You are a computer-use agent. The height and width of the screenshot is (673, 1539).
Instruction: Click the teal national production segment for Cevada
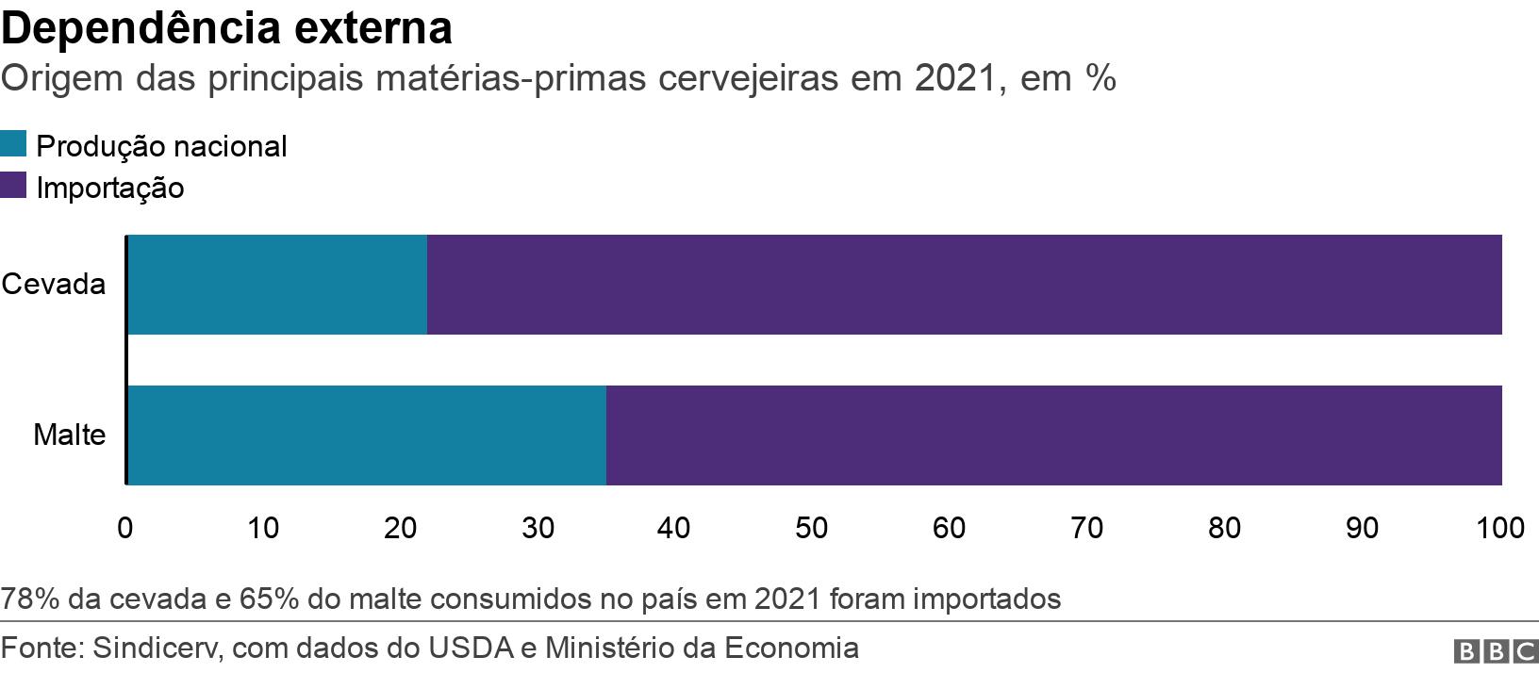click(277, 285)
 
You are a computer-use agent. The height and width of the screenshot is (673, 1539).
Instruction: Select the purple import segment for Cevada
click(964, 285)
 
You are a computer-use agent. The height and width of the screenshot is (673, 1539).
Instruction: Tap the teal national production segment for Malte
click(367, 435)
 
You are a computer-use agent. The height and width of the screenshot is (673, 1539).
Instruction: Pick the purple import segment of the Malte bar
click(1053, 435)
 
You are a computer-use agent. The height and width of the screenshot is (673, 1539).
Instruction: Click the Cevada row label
click(53, 285)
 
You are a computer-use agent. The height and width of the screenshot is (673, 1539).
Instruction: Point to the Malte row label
click(69, 435)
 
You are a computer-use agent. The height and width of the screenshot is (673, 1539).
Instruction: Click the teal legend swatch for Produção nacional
click(13, 145)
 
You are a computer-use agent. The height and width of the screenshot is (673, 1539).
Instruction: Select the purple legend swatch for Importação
click(13, 186)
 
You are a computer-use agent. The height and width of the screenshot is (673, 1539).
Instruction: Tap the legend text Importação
click(109, 188)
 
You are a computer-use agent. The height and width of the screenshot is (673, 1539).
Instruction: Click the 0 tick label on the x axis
click(124, 528)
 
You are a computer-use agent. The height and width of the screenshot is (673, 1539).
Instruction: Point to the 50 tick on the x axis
click(811, 528)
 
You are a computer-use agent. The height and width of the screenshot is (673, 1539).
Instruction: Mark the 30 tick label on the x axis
click(538, 528)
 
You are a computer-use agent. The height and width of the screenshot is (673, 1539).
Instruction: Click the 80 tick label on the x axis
click(1224, 528)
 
